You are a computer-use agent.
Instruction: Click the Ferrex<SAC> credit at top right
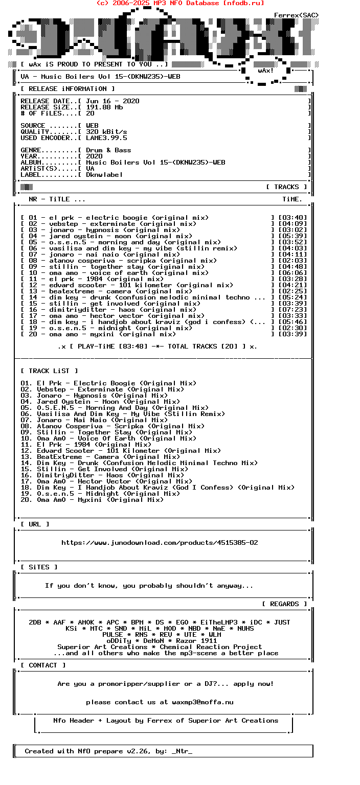296,15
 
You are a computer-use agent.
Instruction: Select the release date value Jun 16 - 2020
112,101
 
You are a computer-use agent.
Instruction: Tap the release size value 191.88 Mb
104,107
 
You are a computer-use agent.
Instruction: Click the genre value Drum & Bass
108,150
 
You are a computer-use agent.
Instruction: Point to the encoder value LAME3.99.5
106,138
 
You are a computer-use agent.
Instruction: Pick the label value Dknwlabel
104,175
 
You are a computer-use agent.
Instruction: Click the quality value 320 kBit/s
106,132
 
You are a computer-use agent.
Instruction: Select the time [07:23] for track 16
292,310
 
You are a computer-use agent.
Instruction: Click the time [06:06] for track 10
292,273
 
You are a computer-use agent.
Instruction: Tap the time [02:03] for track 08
292,261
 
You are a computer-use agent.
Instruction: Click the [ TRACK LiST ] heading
49,371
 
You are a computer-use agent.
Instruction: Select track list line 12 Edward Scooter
121,451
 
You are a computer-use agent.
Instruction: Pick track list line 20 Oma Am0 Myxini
92,500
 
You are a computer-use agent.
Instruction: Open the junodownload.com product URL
160,543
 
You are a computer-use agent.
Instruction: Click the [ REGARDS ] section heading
284,604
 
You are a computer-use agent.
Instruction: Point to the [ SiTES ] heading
39,567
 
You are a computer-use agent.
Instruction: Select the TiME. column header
292,199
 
